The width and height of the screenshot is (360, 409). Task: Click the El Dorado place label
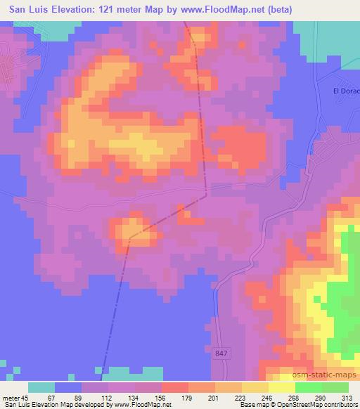[x=346, y=91]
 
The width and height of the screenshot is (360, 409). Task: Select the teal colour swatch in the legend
[x=41, y=387]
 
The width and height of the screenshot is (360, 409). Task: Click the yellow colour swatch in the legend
[x=281, y=387]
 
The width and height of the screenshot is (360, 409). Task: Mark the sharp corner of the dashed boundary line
[x=205, y=196]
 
